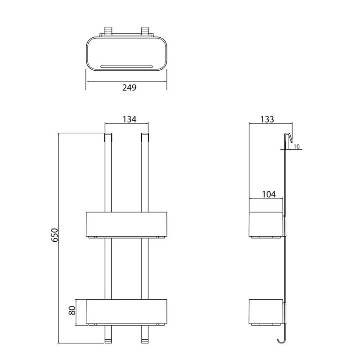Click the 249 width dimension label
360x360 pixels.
click(129, 87)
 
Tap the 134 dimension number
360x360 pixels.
click(129, 119)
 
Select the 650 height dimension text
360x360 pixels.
click(54, 235)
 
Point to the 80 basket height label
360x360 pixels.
click(72, 310)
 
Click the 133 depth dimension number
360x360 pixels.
click(267, 119)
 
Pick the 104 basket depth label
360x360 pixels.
click(269, 194)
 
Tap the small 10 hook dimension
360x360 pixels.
click(297, 147)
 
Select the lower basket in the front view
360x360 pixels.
click(126, 312)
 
